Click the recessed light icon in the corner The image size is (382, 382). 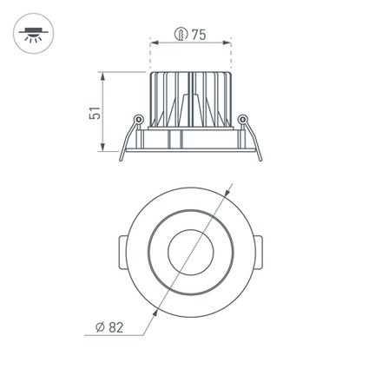(x=32, y=34)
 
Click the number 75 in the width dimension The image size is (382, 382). (x=198, y=35)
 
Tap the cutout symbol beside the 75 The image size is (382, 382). (x=180, y=35)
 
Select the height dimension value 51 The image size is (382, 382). (x=95, y=112)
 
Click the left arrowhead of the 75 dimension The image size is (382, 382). (x=154, y=42)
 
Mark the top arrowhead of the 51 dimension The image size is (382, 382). (x=105, y=76)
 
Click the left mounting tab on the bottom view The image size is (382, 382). (x=121, y=253)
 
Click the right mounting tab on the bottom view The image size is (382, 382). (x=260, y=253)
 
